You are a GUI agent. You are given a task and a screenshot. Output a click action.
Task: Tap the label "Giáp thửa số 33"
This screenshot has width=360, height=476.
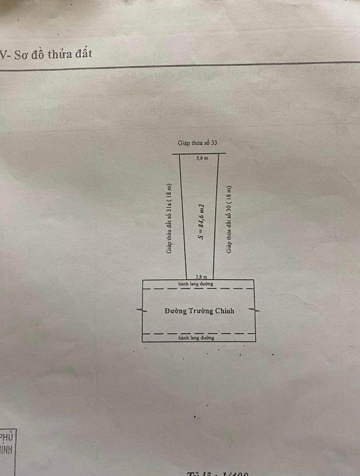(198, 143)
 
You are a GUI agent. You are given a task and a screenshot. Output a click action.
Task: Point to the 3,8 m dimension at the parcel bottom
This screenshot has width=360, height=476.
(201, 277)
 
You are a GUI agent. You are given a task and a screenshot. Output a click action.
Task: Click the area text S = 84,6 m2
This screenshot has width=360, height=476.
(201, 221)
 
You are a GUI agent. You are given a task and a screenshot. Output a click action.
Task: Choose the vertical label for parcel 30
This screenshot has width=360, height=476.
(229, 220)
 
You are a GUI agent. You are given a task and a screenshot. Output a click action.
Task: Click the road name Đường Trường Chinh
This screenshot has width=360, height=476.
(199, 311)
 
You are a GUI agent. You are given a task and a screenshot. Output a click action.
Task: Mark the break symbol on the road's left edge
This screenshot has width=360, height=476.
(142, 310)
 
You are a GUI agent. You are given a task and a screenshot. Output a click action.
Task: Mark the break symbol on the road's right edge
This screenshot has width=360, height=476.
(255, 310)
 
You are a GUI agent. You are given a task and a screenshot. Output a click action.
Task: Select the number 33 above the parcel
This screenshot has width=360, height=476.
(214, 143)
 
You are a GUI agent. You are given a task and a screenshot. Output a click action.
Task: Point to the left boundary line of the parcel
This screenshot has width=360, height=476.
(183, 218)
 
